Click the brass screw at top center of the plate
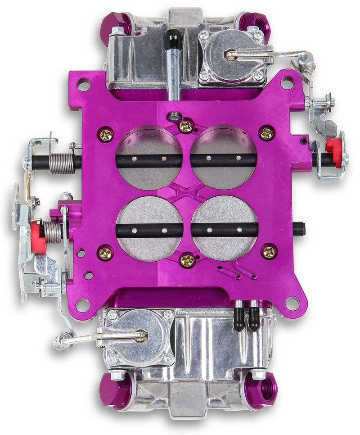pos(185,127)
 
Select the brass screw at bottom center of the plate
pos(187,260)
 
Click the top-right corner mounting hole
pos(287,82)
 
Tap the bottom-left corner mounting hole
pos(82,304)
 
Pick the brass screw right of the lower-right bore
pos(269,252)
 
